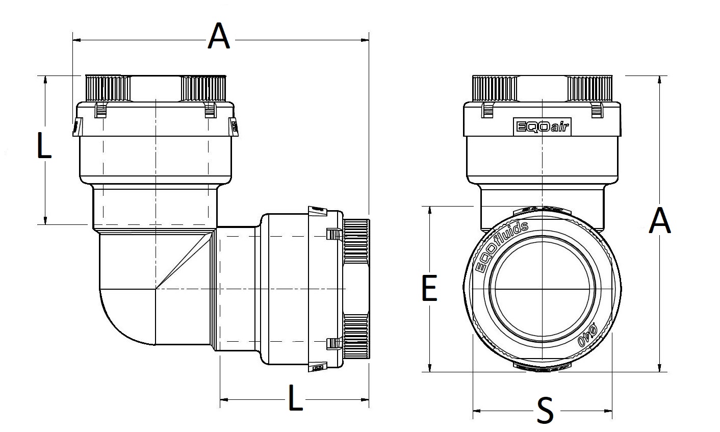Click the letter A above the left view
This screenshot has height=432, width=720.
tap(219, 37)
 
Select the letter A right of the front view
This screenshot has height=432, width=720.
tap(660, 222)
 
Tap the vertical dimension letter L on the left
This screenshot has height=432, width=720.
tap(45, 145)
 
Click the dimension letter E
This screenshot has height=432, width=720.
tap(429, 288)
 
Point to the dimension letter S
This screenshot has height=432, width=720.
tap(545, 411)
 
